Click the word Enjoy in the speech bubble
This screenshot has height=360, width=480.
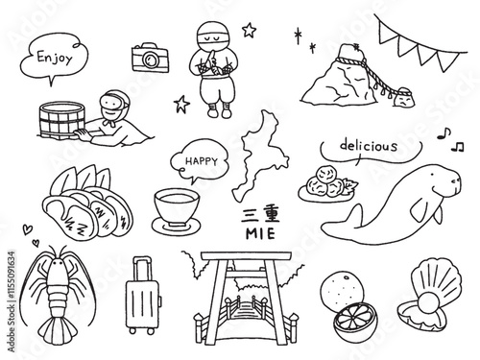click(x=55, y=59)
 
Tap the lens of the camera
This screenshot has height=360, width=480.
click(x=150, y=60)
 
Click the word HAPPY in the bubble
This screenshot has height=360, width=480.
click(x=202, y=161)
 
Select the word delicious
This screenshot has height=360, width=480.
click(x=369, y=146)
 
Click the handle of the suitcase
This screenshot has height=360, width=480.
click(x=141, y=269)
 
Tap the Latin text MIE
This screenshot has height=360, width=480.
click(x=260, y=234)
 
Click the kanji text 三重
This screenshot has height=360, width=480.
click(x=260, y=215)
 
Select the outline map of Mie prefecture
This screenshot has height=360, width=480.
click(x=260, y=156)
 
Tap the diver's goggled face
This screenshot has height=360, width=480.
click(x=112, y=105)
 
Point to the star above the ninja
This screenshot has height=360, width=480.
click(x=249, y=30)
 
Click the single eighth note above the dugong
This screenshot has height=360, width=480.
click(x=444, y=133)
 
